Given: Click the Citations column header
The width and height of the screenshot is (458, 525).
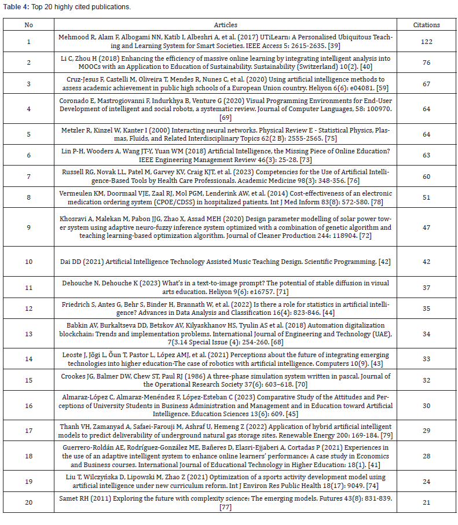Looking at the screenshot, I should coord(426,25).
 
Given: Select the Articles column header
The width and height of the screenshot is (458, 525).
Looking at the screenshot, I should coord(225,25).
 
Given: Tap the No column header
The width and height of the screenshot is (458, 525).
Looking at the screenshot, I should coord(29,25).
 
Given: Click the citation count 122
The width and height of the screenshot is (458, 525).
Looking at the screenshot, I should coord(426,42).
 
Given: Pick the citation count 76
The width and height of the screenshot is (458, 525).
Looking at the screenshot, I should coord(426,62).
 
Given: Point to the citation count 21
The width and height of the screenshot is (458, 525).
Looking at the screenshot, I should coord(426,502).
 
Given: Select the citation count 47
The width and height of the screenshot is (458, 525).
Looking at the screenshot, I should coord(426,227).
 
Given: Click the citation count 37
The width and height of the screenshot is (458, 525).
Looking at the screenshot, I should coord(426,287).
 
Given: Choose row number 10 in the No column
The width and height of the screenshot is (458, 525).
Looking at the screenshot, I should coord(29,262).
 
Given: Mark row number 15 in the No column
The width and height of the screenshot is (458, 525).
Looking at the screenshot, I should coord(29,380).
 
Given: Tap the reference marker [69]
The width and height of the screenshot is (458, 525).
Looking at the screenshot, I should coord(226,118).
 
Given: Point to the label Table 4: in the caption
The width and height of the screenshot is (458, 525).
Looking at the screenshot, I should coord(16,8).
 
